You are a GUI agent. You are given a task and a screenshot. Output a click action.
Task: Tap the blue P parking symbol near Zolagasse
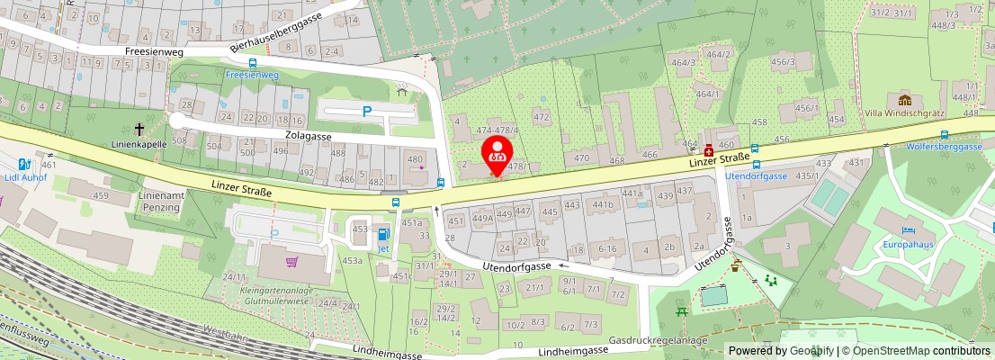pyautogui.click(x=365, y=112)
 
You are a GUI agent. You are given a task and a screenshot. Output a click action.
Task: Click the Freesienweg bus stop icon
pyautogui.click(x=252, y=63)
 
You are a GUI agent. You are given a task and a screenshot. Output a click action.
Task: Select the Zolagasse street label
pyautogui.click(x=308, y=136)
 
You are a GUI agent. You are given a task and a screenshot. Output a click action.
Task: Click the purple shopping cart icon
pyautogui.click(x=291, y=262)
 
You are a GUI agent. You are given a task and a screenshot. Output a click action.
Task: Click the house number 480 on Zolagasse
pyautogui.click(x=415, y=160)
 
